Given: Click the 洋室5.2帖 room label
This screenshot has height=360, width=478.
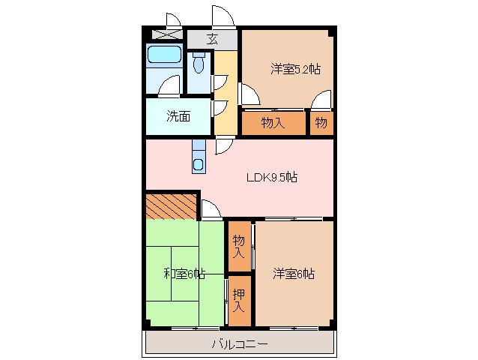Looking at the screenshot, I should (295, 70).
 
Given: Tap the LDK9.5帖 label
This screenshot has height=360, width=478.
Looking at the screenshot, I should (273, 178).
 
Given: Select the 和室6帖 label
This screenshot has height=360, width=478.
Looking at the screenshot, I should (185, 274).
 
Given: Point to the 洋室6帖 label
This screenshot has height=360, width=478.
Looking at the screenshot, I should (293, 274).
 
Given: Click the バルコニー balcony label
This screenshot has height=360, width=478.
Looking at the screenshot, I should (239, 344).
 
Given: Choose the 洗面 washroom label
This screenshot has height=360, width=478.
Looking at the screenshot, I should (178, 116).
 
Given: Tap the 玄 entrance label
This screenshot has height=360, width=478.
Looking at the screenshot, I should (212, 39).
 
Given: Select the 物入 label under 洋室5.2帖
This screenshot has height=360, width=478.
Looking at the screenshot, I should (273, 122).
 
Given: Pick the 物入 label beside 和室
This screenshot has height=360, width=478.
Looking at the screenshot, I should (239, 246).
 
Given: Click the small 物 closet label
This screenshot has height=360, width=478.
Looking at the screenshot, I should (321, 122).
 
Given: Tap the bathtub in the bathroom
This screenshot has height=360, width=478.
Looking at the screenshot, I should (164, 55).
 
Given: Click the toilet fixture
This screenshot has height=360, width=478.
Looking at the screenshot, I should (199, 64).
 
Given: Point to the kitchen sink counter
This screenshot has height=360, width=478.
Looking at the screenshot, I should (198, 156).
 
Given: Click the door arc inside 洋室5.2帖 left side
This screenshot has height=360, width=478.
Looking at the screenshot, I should (249, 94).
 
